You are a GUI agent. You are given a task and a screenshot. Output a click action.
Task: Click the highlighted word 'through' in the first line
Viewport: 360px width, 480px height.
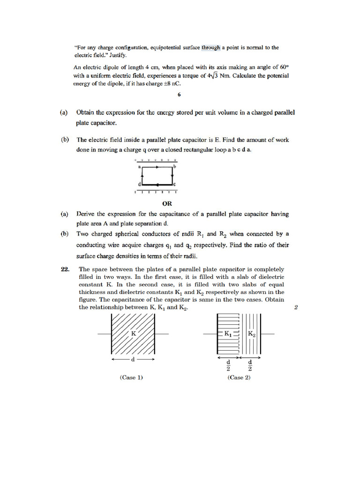[210, 47]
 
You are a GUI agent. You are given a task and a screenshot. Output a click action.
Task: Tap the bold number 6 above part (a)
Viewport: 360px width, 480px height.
[179, 95]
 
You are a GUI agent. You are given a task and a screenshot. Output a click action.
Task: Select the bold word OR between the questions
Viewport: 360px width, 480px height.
[166, 203]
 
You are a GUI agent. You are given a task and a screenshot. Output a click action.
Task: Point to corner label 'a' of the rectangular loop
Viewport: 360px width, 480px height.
[140, 166]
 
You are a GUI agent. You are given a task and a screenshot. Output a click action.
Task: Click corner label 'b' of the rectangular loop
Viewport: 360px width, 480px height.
[175, 166]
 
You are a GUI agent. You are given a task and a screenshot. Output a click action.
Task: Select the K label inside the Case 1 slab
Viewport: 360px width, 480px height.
[133, 333]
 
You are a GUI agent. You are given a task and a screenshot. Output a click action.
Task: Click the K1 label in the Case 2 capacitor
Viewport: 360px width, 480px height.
[228, 334]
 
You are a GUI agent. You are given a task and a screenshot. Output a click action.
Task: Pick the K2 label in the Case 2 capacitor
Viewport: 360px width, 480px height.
[251, 334]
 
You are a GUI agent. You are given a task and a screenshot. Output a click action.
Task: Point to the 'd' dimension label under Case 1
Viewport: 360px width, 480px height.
[133, 360]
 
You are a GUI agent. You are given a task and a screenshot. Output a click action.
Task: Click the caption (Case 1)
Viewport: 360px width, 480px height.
[132, 377]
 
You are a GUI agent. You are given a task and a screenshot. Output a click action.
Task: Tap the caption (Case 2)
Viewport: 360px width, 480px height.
[239, 377]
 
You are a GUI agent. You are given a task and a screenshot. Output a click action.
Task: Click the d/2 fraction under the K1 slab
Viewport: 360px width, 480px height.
[228, 365]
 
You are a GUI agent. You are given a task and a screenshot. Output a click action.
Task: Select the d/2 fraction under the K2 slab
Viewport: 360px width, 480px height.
[250, 365]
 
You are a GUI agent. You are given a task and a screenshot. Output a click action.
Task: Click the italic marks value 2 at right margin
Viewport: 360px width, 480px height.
[296, 307]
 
